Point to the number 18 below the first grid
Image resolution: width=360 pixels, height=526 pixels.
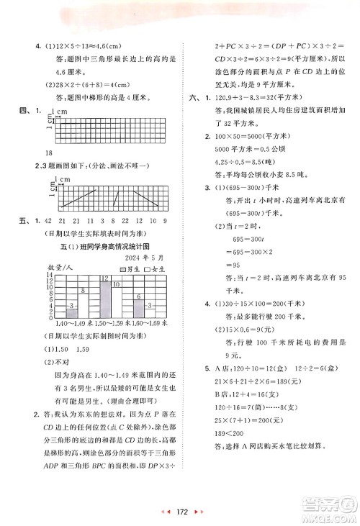click(x=48, y=153)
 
